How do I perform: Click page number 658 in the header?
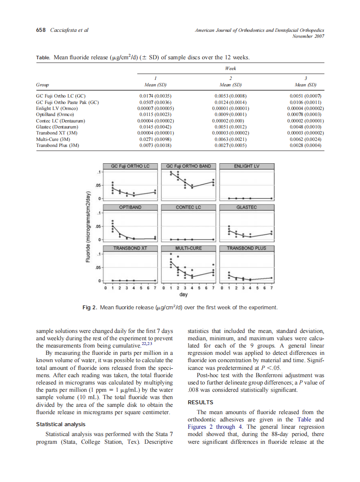click(41, 30)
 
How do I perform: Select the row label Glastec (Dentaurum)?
click(57, 127)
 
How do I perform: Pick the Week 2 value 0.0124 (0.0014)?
click(230, 103)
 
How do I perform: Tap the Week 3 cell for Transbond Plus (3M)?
click(306, 146)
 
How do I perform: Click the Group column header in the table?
click(42, 85)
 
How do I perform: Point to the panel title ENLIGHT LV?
click(247, 166)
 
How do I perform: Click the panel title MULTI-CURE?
click(188, 248)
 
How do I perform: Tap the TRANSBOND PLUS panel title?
click(247, 248)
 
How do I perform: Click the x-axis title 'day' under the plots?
click(183, 295)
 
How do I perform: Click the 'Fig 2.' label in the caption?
click(89, 308)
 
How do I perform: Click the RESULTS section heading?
click(201, 403)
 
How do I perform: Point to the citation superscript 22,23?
click(147, 344)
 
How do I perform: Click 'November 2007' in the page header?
click(308, 37)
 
